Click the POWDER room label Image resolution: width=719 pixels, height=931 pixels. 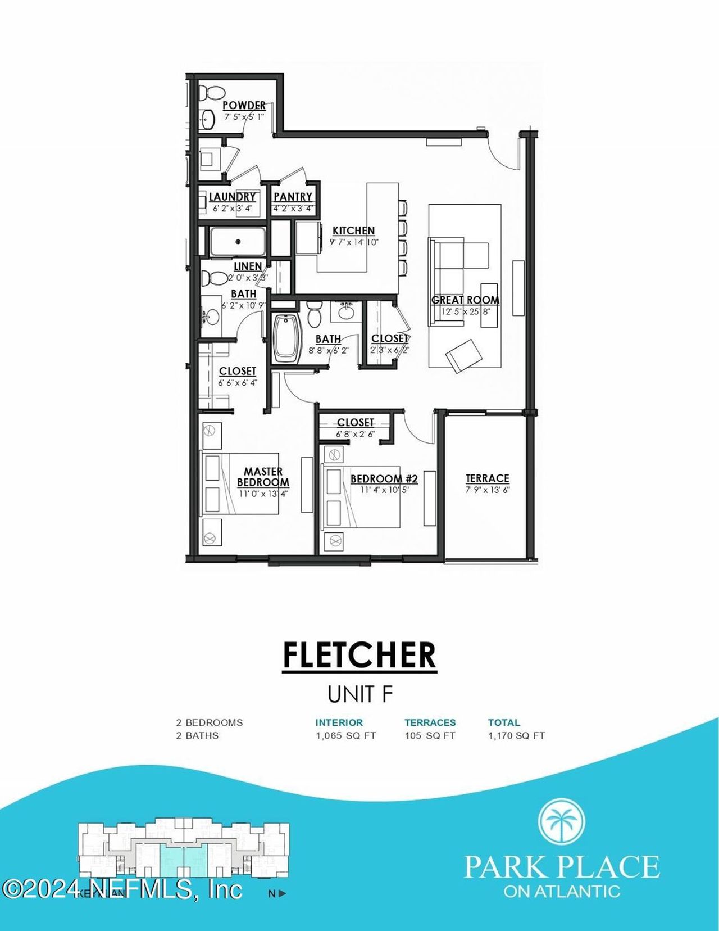(x=244, y=105)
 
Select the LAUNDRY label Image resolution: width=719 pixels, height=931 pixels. (x=233, y=197)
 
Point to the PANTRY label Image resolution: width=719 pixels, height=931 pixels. (x=293, y=197)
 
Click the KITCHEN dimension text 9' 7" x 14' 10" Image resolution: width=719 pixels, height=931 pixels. (x=354, y=242)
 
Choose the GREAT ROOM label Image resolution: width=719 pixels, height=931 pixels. (x=465, y=300)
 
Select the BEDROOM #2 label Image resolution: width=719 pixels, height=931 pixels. (x=384, y=478)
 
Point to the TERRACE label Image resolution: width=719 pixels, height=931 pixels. (x=488, y=478)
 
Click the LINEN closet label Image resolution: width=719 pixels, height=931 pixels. (x=248, y=266)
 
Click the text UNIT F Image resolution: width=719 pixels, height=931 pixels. (x=359, y=694)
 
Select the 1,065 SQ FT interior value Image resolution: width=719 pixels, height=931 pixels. (x=345, y=735)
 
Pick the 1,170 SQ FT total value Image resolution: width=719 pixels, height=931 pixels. (x=516, y=735)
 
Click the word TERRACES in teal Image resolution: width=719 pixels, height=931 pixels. (x=430, y=722)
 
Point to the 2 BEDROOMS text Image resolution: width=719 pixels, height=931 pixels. (x=210, y=722)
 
